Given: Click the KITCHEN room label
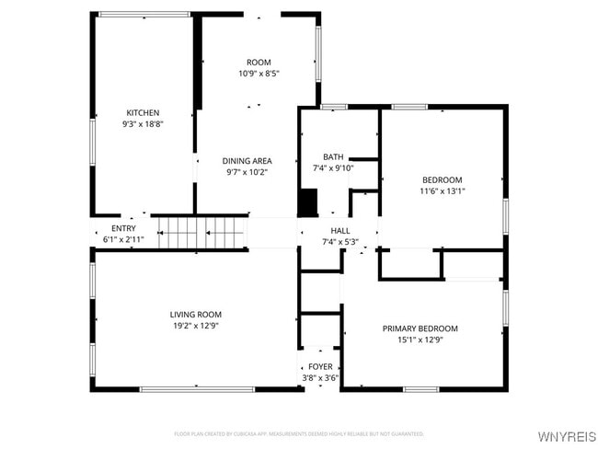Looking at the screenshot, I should click(x=143, y=112).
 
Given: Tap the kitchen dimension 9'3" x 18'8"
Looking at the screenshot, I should click(x=143, y=124).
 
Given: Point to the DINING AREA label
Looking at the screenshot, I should click(x=247, y=160).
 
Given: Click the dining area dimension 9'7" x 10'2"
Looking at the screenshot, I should click(x=247, y=172).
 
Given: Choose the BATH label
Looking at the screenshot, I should click(x=332, y=156).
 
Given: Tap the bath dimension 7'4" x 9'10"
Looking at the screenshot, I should click(x=332, y=168).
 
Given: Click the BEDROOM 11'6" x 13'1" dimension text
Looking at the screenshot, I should click(x=443, y=191).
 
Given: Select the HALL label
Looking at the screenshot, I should click(x=339, y=230).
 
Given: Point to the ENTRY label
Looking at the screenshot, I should click(x=123, y=228).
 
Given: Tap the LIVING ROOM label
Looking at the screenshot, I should click(x=195, y=314).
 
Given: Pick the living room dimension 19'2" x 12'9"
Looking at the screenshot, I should click(x=195, y=326).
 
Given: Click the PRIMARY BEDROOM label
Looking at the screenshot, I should click(x=420, y=328).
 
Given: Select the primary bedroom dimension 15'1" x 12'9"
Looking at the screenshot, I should click(x=420, y=340).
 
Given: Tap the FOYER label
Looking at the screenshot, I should click(x=320, y=366).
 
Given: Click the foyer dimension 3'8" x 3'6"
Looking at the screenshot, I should click(x=320, y=377).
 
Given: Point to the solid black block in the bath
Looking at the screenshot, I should click(x=307, y=201).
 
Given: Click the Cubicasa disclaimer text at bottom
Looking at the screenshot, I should click(x=299, y=432).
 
